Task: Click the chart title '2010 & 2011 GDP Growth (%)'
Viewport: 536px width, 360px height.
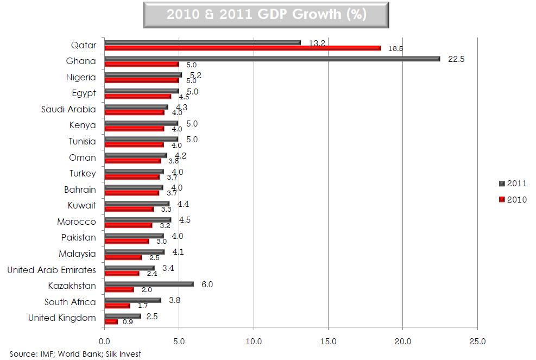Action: (267, 15)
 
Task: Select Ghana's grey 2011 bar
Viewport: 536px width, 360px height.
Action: (272, 58)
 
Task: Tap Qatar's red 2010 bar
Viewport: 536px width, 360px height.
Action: (242, 48)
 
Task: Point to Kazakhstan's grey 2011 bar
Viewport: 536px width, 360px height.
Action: (149, 283)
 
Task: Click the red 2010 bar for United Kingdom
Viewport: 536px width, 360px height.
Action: (111, 321)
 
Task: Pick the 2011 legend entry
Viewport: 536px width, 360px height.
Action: (513, 184)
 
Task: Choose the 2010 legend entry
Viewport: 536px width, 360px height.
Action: (513, 200)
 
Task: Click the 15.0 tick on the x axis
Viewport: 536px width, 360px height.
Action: (328, 342)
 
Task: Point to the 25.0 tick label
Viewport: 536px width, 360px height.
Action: (477, 342)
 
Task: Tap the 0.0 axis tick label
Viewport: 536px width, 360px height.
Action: (104, 342)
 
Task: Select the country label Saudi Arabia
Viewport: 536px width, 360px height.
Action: (68, 109)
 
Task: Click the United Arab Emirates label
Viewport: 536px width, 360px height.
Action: (52, 270)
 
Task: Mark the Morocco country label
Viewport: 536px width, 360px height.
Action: (77, 222)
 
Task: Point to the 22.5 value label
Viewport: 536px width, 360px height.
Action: (456, 60)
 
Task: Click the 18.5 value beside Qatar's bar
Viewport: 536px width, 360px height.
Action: (395, 49)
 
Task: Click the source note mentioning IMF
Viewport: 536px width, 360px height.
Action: (75, 354)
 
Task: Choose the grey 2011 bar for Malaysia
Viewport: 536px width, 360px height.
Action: (134, 251)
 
